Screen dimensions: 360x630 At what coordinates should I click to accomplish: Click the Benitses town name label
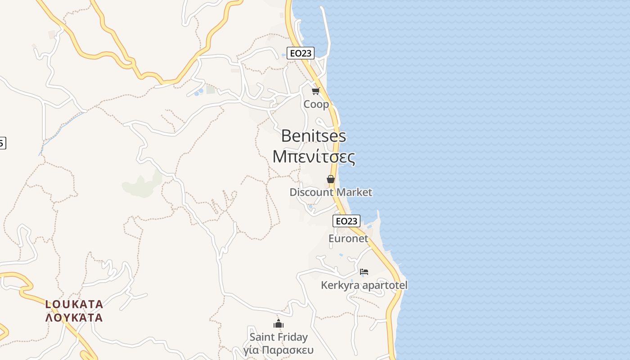314,135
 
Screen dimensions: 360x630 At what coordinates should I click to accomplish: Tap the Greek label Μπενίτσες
314,157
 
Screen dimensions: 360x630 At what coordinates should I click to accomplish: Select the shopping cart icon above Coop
315,91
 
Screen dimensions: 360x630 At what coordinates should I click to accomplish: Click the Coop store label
316,104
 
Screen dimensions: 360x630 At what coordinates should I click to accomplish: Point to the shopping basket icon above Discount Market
331,179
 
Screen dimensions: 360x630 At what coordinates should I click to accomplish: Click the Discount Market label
331,193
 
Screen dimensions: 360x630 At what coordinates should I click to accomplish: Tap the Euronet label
348,238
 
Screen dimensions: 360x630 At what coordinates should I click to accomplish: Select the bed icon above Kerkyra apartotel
364,271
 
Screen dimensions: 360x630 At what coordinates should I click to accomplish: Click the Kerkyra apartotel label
364,285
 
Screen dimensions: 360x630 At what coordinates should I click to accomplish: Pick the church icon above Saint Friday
279,324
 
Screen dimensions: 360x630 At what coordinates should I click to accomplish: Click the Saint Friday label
279,337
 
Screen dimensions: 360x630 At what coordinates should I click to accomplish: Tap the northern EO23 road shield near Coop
301,53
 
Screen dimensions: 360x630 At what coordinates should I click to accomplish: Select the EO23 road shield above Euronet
346,221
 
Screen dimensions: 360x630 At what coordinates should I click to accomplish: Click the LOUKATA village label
74,304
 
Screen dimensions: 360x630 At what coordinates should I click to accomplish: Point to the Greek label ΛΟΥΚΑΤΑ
74,318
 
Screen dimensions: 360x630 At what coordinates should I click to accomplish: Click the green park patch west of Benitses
142,185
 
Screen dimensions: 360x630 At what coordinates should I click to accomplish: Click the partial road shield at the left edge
2,143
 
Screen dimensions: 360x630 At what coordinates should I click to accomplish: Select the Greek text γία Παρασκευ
279,350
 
